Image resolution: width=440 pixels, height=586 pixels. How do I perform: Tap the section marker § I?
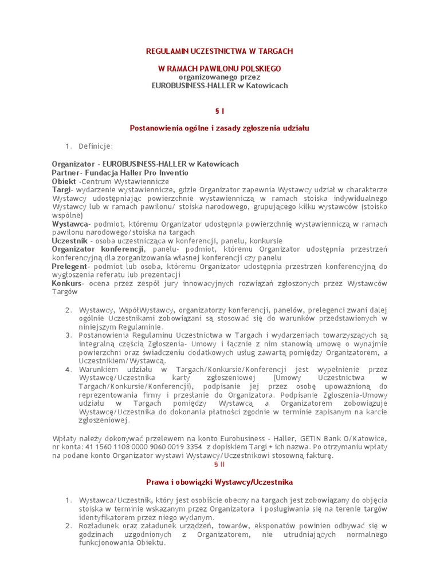(219, 110)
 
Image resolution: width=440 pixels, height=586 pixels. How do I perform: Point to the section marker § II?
(219, 465)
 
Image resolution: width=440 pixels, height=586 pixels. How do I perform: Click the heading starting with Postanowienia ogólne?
(219, 128)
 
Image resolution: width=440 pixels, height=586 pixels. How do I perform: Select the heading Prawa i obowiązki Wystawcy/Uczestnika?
(219, 482)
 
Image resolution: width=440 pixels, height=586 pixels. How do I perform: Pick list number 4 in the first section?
(68, 369)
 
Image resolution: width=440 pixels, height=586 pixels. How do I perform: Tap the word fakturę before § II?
(317, 456)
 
